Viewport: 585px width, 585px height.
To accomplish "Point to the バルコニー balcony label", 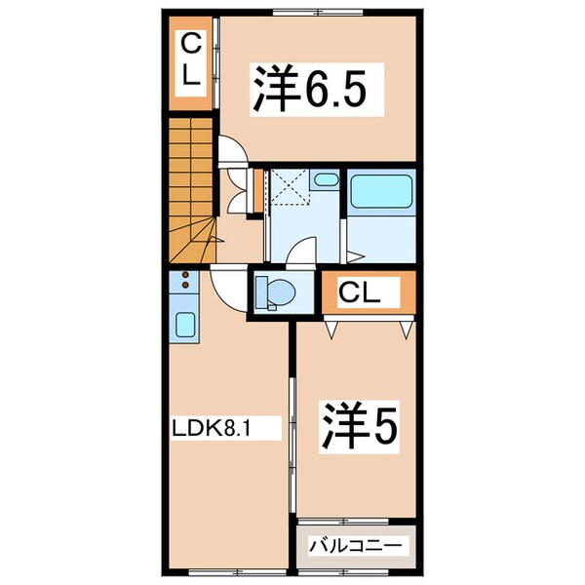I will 356,544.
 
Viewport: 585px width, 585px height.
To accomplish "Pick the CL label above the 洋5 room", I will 368,292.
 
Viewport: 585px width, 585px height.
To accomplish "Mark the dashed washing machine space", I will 289,187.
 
